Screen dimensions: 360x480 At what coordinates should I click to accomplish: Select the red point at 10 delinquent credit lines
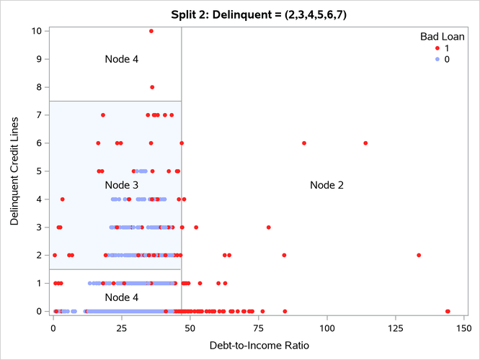pos(151,31)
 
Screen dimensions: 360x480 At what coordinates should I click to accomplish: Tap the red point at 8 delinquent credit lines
pos(152,87)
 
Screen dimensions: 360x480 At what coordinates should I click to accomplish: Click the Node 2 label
pos(326,185)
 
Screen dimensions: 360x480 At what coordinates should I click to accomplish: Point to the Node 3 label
pos(122,185)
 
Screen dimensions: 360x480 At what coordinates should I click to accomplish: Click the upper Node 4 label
pos(122,59)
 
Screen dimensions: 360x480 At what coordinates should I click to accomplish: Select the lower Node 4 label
pos(122,297)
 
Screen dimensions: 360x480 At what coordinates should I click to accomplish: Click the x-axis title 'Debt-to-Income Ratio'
pos(260,346)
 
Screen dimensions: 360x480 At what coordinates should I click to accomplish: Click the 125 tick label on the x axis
pos(395,328)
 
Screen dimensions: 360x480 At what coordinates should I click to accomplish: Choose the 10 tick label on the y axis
pos(35,31)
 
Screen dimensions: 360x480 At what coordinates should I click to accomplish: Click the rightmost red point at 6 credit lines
pos(365,143)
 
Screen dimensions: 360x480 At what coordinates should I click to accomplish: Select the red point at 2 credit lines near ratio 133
pos(419,255)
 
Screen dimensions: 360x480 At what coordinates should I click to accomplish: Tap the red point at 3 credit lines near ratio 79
pos(269,227)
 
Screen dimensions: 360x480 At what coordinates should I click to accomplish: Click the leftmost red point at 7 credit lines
pos(103,115)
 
